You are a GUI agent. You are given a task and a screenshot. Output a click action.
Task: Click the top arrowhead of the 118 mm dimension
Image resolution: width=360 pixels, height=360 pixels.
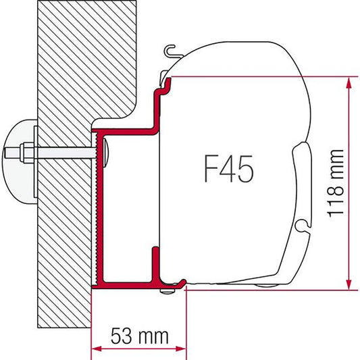tap(349, 82)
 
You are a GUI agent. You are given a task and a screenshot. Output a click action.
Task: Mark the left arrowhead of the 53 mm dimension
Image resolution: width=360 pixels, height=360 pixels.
tap(95, 348)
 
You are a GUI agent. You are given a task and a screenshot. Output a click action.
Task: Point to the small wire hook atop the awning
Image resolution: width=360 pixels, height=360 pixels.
tap(172, 51)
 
